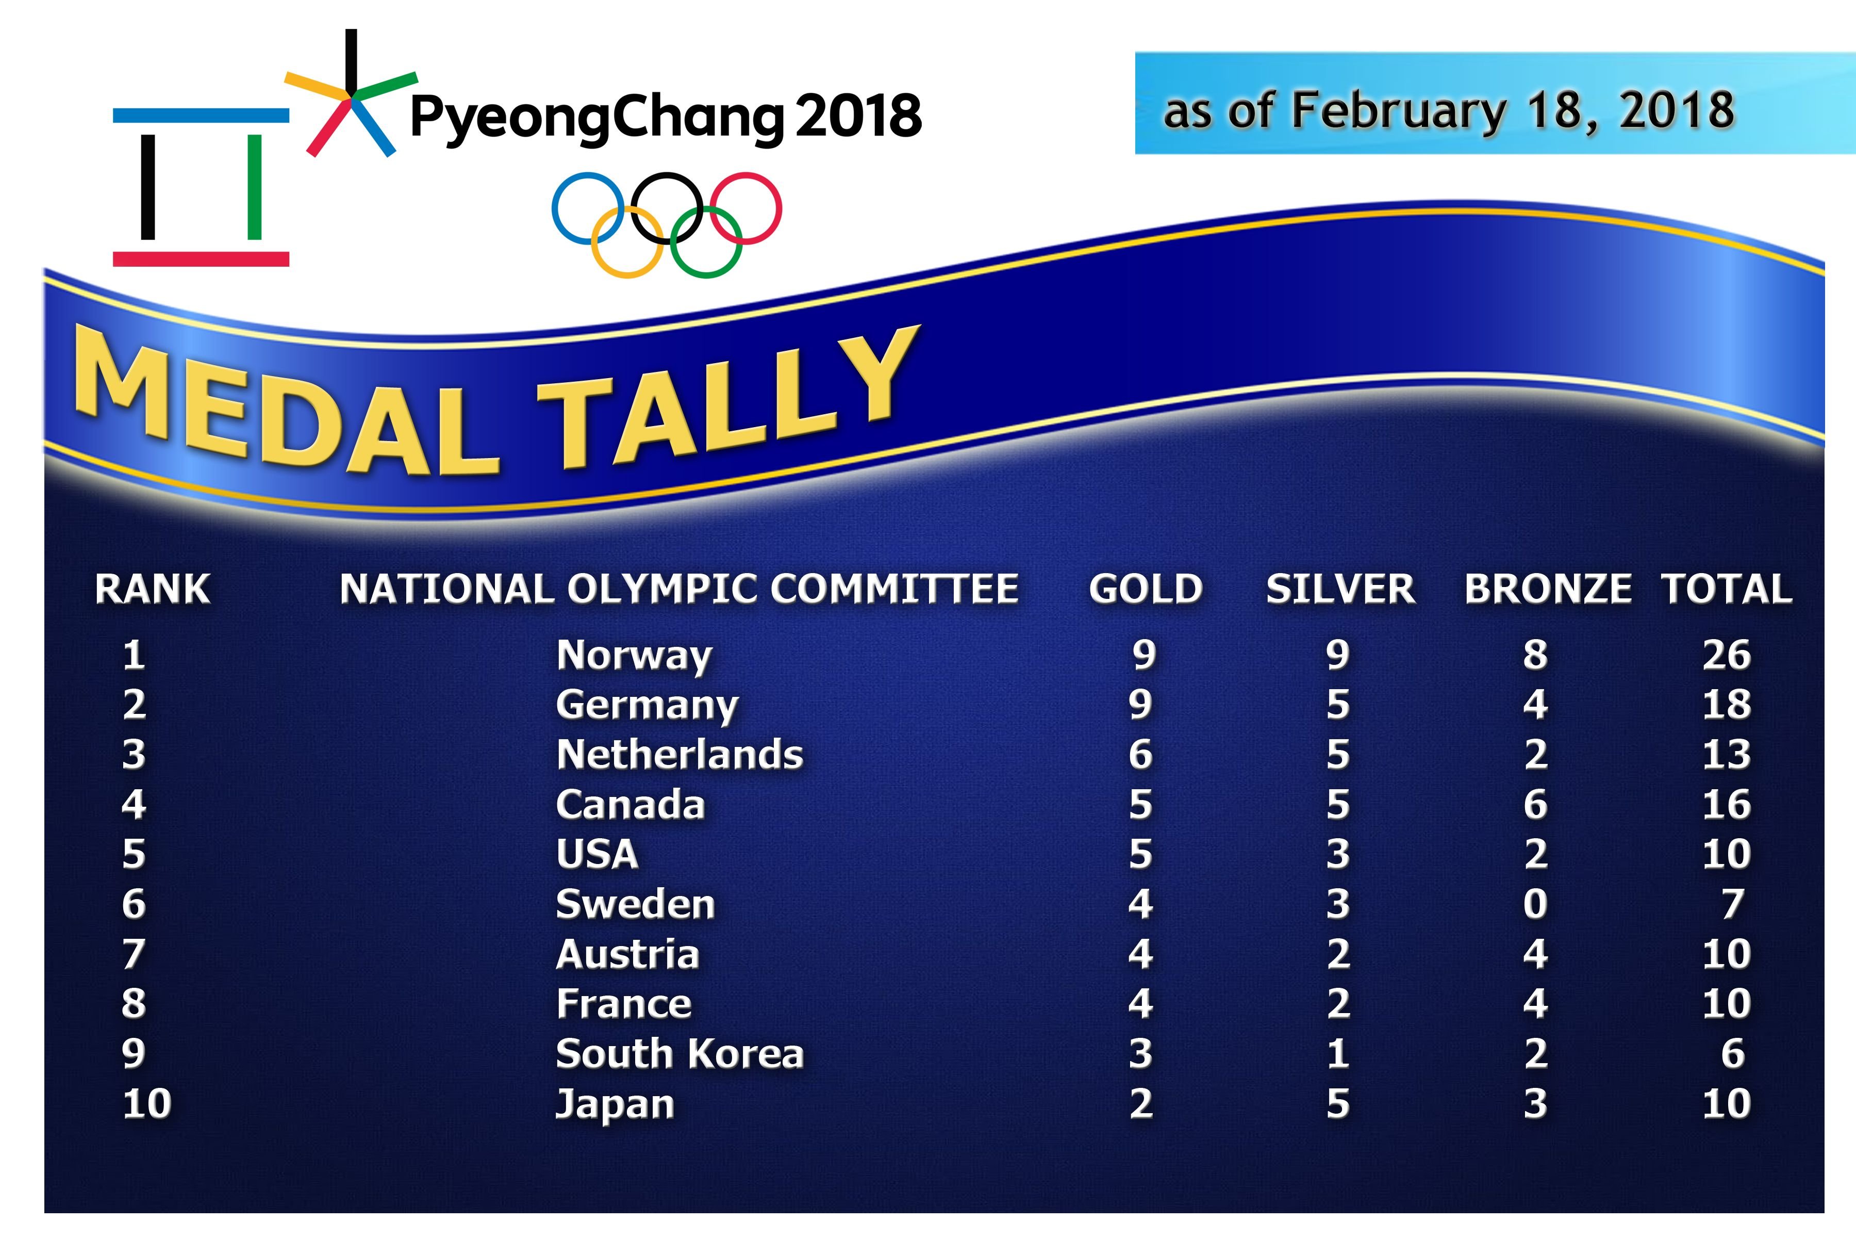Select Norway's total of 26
(x=1727, y=655)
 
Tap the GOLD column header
(x=1146, y=589)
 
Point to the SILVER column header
(x=1341, y=589)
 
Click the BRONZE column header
(x=1548, y=589)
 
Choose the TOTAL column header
(x=1727, y=589)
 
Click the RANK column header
(x=152, y=589)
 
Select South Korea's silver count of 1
(x=1337, y=1053)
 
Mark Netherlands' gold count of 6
(x=1140, y=755)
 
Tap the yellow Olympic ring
(x=627, y=241)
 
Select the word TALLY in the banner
(x=730, y=399)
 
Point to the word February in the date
(x=1398, y=112)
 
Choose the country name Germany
(x=647, y=706)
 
